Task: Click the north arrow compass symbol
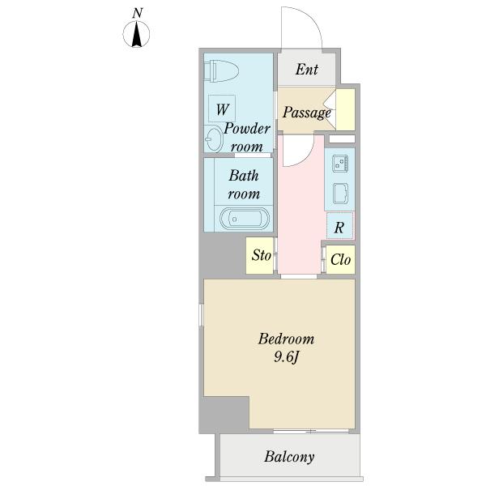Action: tap(136, 34)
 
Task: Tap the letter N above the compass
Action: tap(138, 13)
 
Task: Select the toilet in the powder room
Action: tap(221, 71)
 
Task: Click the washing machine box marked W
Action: tap(222, 109)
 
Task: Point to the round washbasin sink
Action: tap(214, 139)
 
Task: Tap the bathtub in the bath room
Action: tap(245, 219)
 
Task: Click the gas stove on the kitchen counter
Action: tap(340, 164)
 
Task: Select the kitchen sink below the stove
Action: tap(340, 194)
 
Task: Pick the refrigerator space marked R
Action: tap(339, 226)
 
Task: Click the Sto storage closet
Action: tap(260, 256)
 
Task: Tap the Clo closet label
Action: tap(340, 259)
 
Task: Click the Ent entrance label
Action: tap(306, 70)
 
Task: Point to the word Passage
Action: tap(306, 113)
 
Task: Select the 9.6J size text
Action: tap(286, 357)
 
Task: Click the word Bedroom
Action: tap(286, 339)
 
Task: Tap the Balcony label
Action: tap(289, 457)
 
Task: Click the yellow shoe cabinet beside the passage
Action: tap(345, 109)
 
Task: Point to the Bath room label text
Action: tap(244, 185)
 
